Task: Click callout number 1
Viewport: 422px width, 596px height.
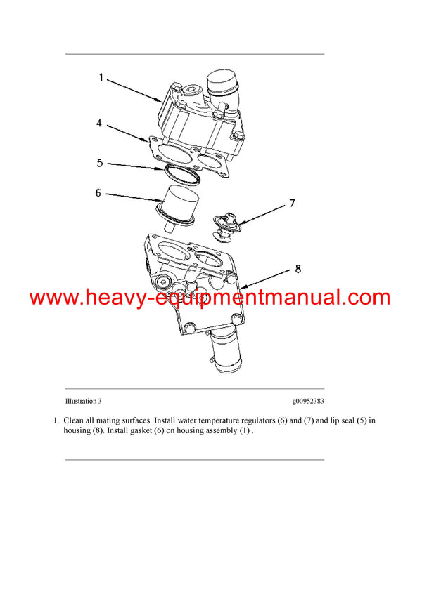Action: click(101, 78)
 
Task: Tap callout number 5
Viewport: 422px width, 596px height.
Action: click(101, 163)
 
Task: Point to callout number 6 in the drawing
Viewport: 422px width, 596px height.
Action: click(99, 191)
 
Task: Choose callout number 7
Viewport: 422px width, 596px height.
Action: click(291, 204)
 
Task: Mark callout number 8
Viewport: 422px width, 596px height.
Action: click(298, 267)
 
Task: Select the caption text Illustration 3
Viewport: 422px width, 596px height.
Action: click(83, 402)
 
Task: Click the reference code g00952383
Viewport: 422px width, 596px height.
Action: click(308, 402)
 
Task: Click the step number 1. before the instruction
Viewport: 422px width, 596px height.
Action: click(56, 420)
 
